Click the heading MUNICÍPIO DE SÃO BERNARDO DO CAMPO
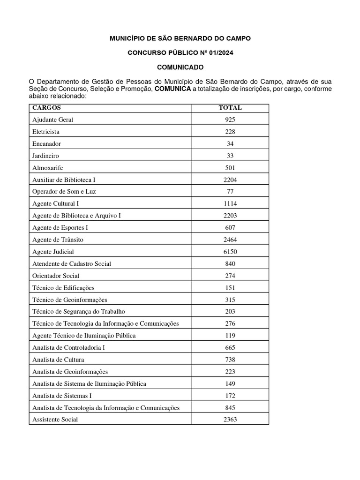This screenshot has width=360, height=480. pos(180,38)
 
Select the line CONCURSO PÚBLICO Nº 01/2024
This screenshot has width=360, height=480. pos(180,53)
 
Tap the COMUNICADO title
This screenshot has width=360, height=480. pos(180,67)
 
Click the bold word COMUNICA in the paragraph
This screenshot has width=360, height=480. pos(172,89)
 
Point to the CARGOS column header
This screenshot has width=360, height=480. pos(46,108)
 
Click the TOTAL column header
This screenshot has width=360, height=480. pos(230,108)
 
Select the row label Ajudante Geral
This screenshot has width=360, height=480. pos(52,120)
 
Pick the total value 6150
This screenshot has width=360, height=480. pos(230,252)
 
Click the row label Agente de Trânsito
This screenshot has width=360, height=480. pos(58,240)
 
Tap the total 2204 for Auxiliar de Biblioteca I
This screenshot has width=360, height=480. pos(230,180)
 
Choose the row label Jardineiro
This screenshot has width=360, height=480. pos(45,156)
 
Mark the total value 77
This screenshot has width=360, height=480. pos(230,191)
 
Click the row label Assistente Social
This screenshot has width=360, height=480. pos(55,420)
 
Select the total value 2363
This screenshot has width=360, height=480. pos(230,420)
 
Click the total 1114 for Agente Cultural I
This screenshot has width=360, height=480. pos(230,203)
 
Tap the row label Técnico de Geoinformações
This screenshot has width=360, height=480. pos(70,300)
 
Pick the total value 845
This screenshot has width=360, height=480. pos(230,408)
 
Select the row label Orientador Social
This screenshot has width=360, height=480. pos(56,276)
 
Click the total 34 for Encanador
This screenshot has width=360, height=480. pos(230,143)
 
